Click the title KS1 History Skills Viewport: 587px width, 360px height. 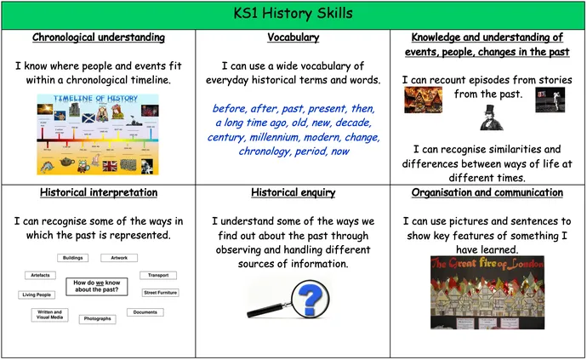point(293,14)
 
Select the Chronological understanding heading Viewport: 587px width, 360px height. point(98,37)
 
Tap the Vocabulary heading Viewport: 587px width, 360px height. point(293,37)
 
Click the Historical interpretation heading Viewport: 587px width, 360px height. point(98,192)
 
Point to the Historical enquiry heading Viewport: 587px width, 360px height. point(293,192)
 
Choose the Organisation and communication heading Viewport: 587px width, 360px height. point(487,192)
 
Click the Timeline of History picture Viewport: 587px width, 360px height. point(97,134)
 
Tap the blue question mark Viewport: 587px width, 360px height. point(312,299)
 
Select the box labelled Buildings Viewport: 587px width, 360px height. point(73,257)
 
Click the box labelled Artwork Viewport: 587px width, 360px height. point(118,257)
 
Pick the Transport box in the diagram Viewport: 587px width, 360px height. point(157,275)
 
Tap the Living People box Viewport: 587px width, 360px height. point(37,294)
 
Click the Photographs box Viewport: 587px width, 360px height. point(96,319)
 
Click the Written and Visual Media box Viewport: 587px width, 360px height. point(48,315)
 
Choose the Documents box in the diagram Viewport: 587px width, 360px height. point(145,312)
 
